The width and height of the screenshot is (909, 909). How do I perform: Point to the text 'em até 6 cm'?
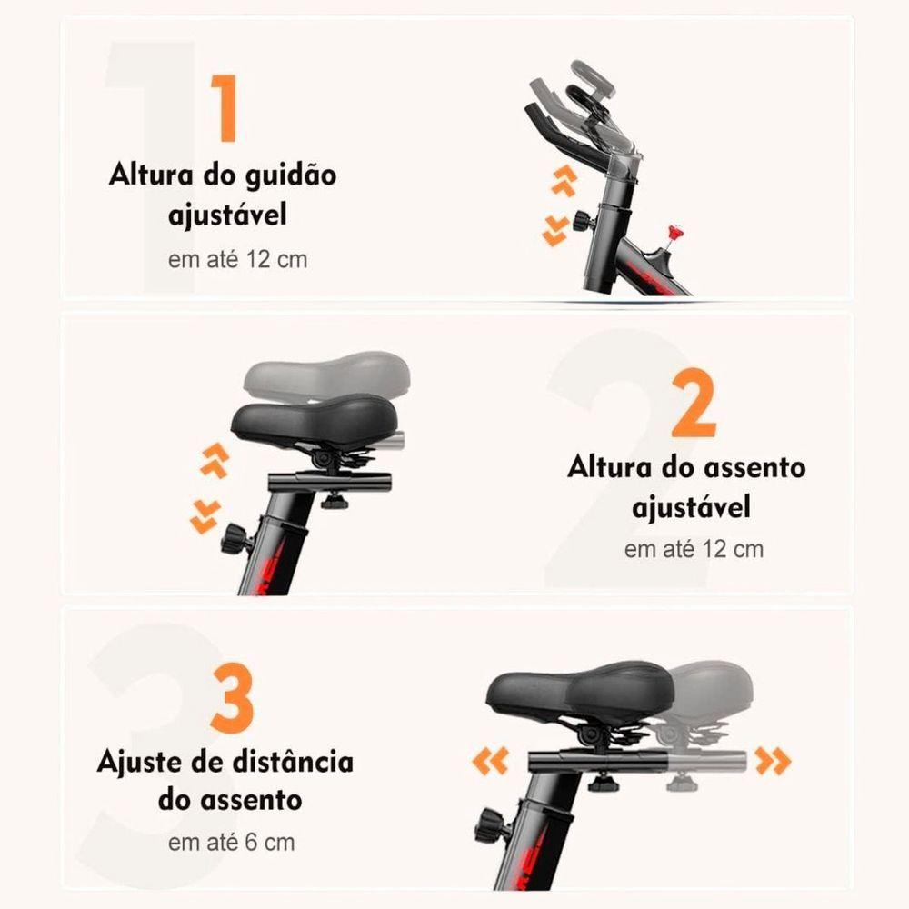(231, 841)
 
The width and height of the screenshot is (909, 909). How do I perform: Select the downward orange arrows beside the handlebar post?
(554, 233)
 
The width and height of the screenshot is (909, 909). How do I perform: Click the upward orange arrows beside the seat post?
(214, 462)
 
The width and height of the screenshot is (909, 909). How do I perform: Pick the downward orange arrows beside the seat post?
(204, 516)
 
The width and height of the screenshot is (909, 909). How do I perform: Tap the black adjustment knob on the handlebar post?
(581, 221)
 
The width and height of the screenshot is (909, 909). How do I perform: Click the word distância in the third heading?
(286, 761)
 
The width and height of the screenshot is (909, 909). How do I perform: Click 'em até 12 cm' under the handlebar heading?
(237, 259)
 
